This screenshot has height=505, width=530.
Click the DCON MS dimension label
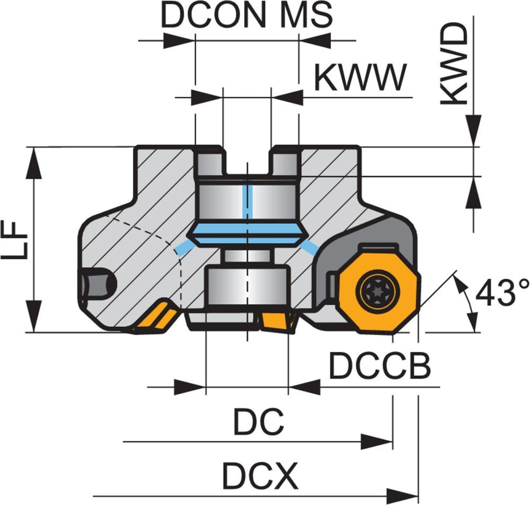[x=246, y=16]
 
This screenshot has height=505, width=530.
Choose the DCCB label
[x=379, y=366]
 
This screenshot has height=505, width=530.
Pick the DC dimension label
[x=259, y=422]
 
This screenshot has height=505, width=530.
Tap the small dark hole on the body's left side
[x=99, y=284]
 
